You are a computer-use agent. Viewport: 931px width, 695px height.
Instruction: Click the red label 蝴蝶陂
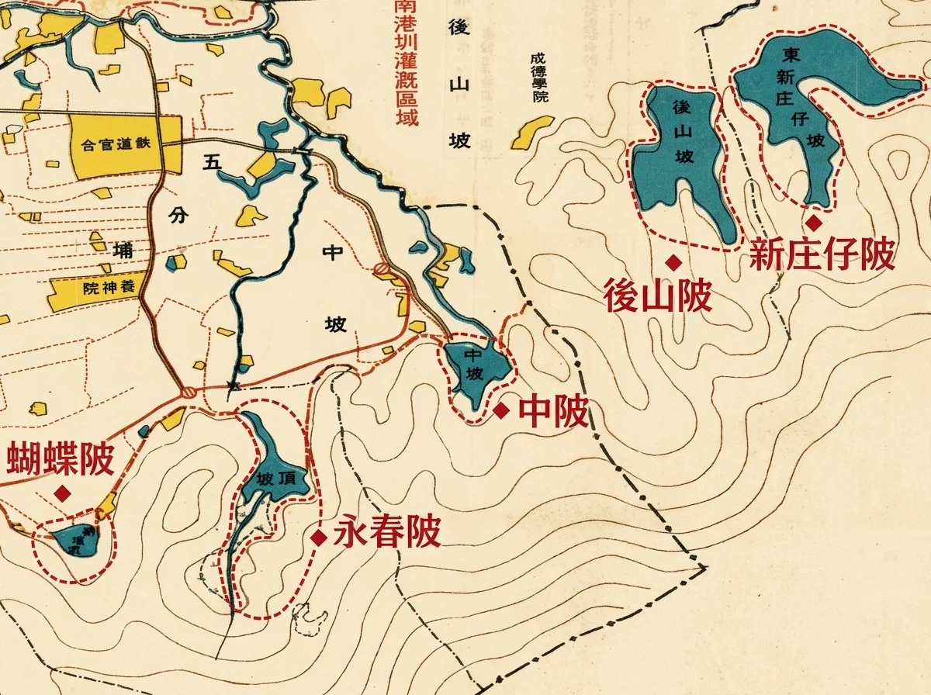(x=61, y=459)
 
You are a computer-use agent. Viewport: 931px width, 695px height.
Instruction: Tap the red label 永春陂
(x=386, y=534)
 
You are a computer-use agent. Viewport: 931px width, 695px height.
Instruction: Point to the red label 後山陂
(x=658, y=296)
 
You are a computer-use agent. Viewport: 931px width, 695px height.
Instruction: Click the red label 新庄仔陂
(x=822, y=254)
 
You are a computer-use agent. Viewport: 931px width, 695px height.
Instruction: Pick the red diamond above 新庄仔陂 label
(x=813, y=223)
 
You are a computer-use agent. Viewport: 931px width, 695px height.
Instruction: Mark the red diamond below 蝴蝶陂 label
(x=61, y=493)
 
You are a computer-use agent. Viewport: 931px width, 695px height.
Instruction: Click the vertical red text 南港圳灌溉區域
(x=405, y=62)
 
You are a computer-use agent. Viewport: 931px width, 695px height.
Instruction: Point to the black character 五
(x=210, y=163)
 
